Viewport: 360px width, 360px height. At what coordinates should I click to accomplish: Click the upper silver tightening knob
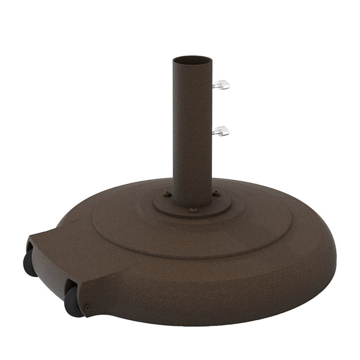(223, 85)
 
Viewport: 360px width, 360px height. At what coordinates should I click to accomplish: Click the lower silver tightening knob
(223, 131)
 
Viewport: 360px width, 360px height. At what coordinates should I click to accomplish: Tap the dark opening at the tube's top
(192, 60)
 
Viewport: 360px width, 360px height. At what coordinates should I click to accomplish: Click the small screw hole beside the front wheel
(88, 308)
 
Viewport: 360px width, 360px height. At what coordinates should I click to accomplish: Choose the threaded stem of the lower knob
(215, 132)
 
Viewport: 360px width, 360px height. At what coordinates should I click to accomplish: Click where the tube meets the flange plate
(192, 205)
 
